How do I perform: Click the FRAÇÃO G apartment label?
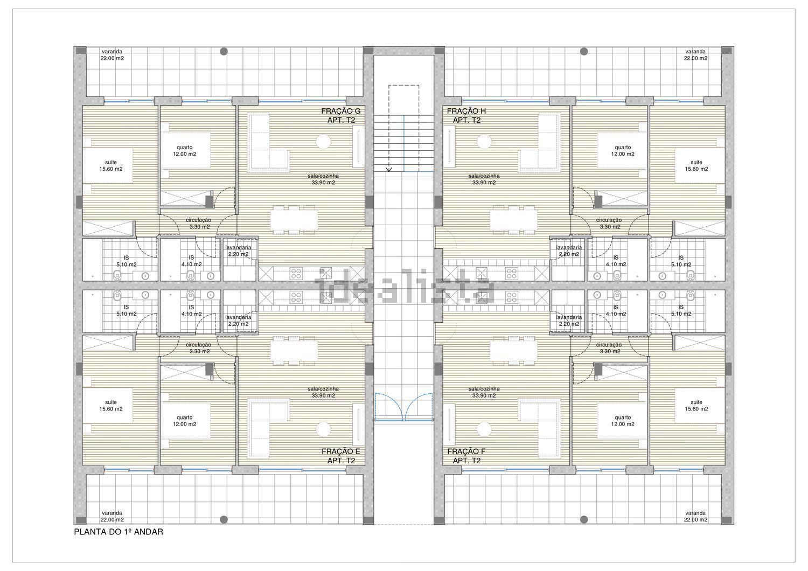pyautogui.click(x=341, y=115)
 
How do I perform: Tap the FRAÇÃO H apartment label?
pyautogui.click(x=466, y=115)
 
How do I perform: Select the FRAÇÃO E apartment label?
pyautogui.click(x=341, y=456)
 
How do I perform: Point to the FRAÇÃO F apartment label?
pyautogui.click(x=466, y=456)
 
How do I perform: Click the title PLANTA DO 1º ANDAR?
pyautogui.click(x=119, y=532)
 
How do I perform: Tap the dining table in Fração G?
pyautogui.click(x=294, y=220)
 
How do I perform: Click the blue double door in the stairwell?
pyautogui.click(x=403, y=407)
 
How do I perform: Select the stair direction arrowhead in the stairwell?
pyautogui.click(x=389, y=169)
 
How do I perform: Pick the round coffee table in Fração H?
pyautogui.click(x=484, y=141)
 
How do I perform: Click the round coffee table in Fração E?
pyautogui.click(x=324, y=429)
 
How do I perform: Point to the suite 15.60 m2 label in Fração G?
pyautogui.click(x=111, y=165)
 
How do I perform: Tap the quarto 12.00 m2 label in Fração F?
pyautogui.click(x=623, y=421)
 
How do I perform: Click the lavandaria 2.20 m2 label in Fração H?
pyautogui.click(x=569, y=250)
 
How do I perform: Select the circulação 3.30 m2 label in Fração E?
pyautogui.click(x=198, y=348)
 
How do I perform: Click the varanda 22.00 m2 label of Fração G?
pyautogui.click(x=112, y=55)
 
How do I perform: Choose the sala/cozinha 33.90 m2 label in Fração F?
pyautogui.click(x=484, y=392)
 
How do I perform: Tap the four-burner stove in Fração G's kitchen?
pyautogui.click(x=296, y=274)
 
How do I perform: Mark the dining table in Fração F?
pyautogui.click(x=513, y=351)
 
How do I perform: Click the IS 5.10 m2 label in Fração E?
pyautogui.click(x=126, y=311)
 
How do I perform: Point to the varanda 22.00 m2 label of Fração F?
pyautogui.click(x=695, y=516)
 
